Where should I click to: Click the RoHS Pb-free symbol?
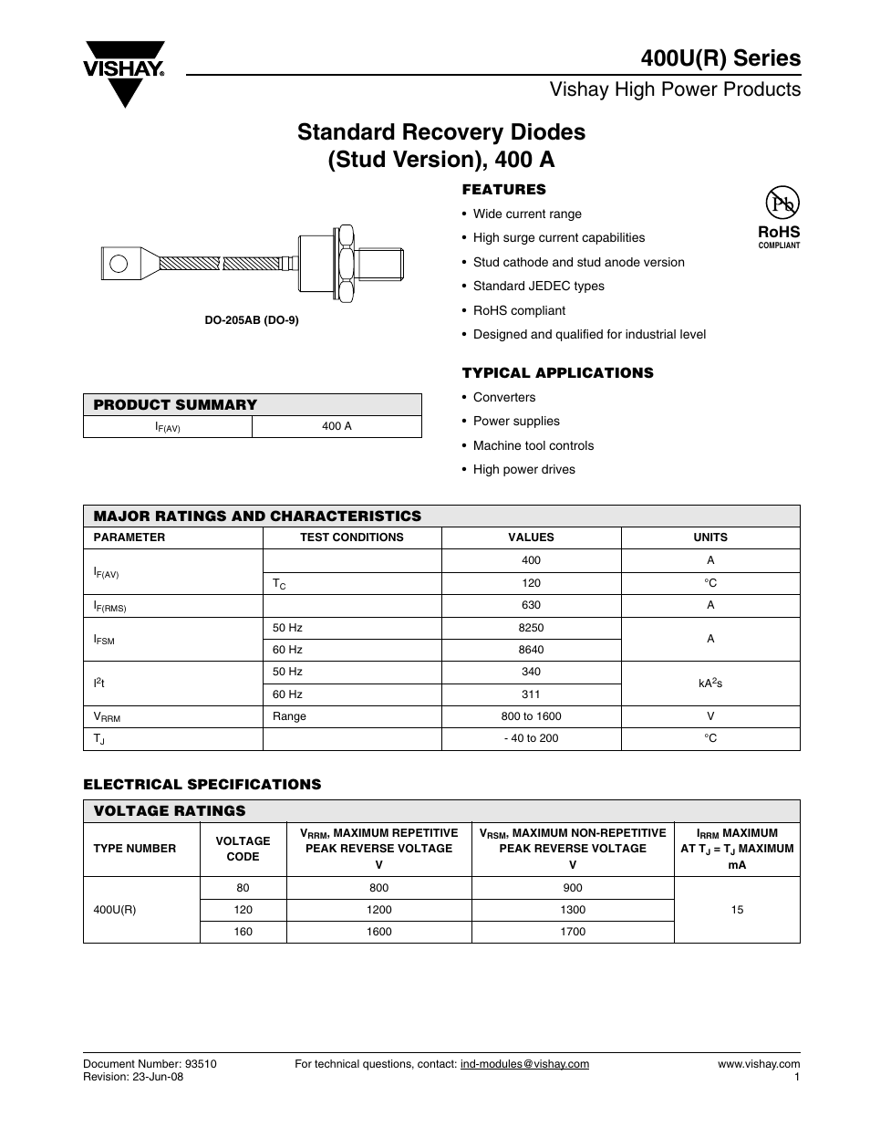779,203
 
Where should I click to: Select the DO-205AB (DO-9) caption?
252,320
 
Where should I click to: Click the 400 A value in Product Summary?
337,426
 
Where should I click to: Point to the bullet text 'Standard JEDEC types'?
538,286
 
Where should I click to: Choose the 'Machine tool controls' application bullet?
533,445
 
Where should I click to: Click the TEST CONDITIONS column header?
351,537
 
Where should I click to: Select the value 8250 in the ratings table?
531,628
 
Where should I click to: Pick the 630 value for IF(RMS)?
531,605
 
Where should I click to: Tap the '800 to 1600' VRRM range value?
531,716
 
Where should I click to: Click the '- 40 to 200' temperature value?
531,738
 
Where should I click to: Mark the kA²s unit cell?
709,684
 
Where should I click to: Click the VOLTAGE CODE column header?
243,849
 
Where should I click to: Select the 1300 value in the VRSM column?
573,910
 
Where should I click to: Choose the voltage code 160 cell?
243,932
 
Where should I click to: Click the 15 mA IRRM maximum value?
737,910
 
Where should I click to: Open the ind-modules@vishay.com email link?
524,1064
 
